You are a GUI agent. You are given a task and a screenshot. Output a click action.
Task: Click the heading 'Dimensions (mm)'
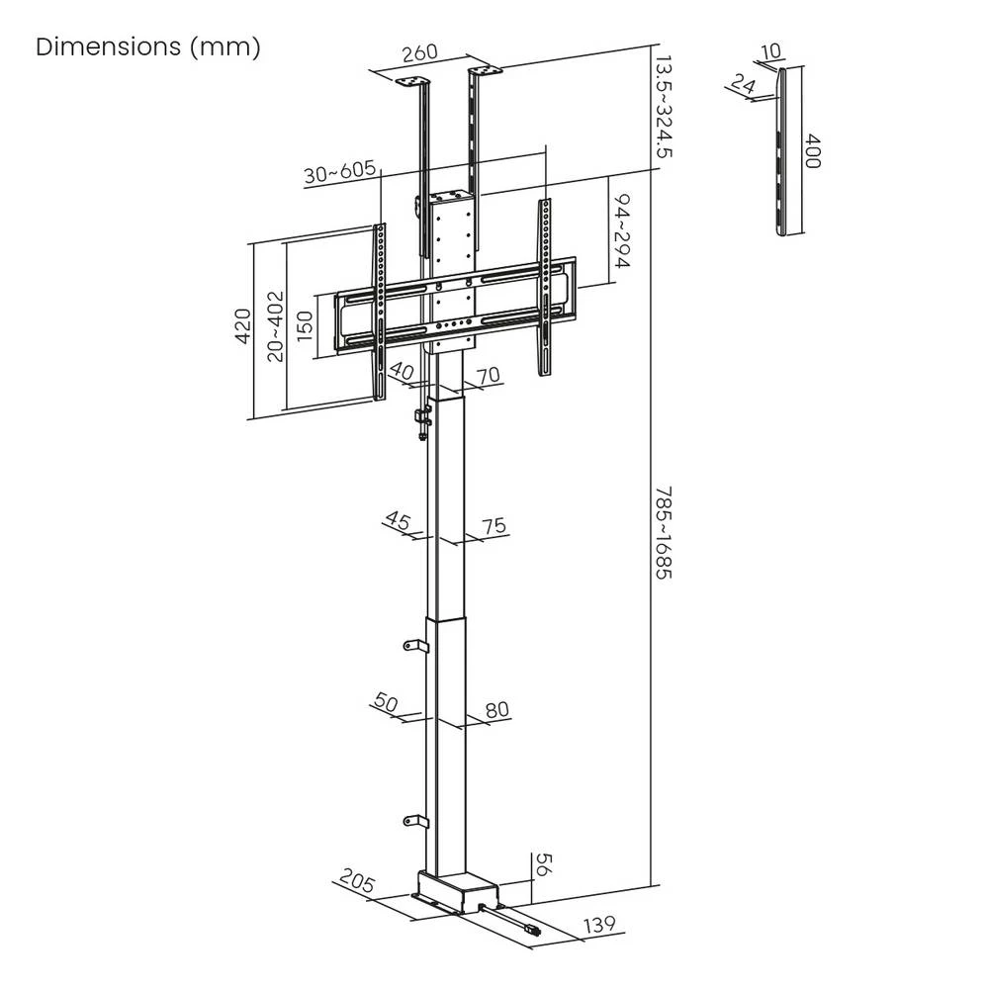pyautogui.click(x=148, y=47)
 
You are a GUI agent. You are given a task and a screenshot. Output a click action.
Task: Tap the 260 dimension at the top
pyautogui.click(x=420, y=52)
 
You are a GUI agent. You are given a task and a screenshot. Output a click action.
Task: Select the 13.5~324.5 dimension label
pyautogui.click(x=664, y=107)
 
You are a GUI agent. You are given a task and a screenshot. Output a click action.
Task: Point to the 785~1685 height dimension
pyautogui.click(x=664, y=533)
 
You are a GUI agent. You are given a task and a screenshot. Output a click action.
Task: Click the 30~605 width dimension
pyautogui.click(x=340, y=171)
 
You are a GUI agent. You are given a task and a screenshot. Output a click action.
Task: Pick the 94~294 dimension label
pyautogui.click(x=622, y=231)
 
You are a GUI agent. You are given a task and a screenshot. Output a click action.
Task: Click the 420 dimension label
pyautogui.click(x=243, y=326)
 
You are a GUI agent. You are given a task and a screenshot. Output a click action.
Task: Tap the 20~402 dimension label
pyautogui.click(x=276, y=326)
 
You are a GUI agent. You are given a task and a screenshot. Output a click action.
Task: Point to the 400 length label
pyautogui.click(x=812, y=151)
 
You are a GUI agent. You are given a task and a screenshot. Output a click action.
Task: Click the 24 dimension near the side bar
pyautogui.click(x=744, y=83)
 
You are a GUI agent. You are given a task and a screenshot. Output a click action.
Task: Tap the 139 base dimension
pyautogui.click(x=600, y=925)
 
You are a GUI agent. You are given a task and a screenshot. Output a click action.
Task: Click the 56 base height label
pyautogui.click(x=544, y=864)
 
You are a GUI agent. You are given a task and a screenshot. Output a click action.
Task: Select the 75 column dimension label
pyautogui.click(x=494, y=525)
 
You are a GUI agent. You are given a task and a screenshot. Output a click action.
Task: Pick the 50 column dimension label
pyautogui.click(x=386, y=702)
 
